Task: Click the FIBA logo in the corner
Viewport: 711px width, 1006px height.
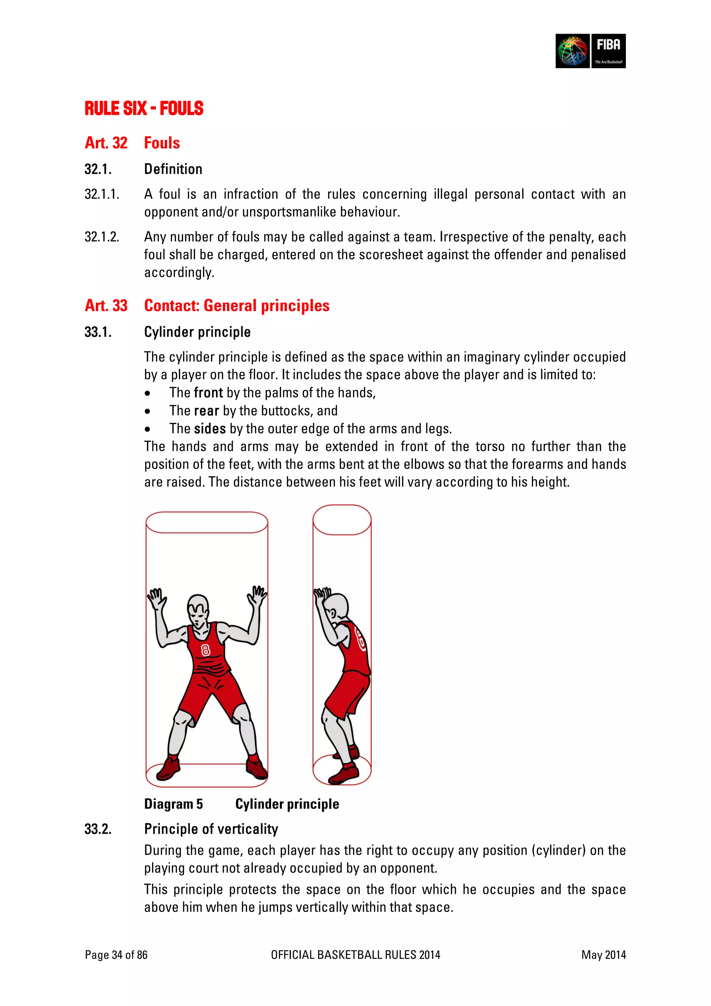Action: [590, 51]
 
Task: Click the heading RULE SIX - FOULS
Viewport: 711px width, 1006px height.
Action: [144, 109]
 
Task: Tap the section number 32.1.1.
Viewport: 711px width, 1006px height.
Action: [102, 194]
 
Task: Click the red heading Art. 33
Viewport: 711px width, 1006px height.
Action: [106, 305]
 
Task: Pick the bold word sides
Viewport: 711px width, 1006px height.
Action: [210, 429]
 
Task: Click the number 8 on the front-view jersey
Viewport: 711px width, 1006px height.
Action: [205, 650]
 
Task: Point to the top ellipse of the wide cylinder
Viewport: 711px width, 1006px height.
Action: [207, 522]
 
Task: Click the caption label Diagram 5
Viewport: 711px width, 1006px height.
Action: [174, 804]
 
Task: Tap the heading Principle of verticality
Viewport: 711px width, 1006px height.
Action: [211, 829]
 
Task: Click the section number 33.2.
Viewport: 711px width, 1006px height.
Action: [98, 829]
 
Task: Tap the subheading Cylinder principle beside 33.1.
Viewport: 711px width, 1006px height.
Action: [197, 332]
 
